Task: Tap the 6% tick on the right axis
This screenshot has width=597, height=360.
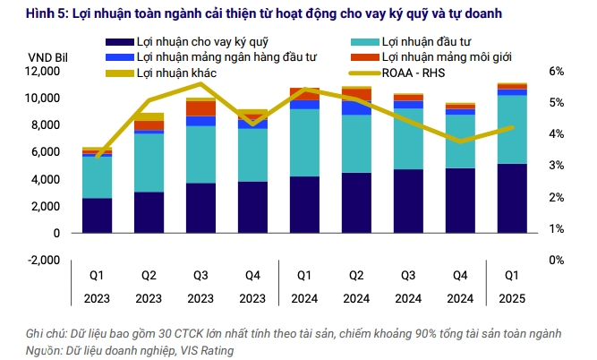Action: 556,72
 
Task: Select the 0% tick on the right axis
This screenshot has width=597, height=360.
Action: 556,261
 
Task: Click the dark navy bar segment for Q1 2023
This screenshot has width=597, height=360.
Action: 97,216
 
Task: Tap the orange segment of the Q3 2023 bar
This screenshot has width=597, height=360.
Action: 200,108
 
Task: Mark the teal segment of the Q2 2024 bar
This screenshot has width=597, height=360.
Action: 356,143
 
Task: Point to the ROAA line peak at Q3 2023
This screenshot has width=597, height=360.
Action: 200,84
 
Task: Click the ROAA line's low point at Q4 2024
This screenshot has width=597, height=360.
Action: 461,141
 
